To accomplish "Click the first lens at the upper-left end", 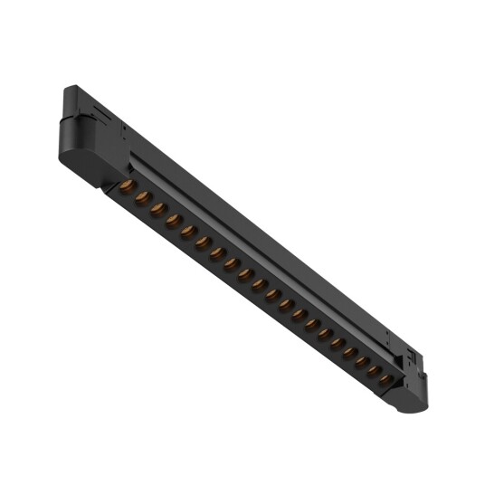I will point(127,185).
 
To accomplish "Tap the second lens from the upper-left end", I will point(142,197).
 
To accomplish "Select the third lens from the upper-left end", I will point(157,209).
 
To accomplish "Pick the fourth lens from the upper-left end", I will point(173,220).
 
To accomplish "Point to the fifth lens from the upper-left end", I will point(188,232).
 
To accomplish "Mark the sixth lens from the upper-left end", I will point(203,242).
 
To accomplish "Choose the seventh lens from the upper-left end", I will point(217,253).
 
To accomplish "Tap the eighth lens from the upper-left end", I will point(232,264).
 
